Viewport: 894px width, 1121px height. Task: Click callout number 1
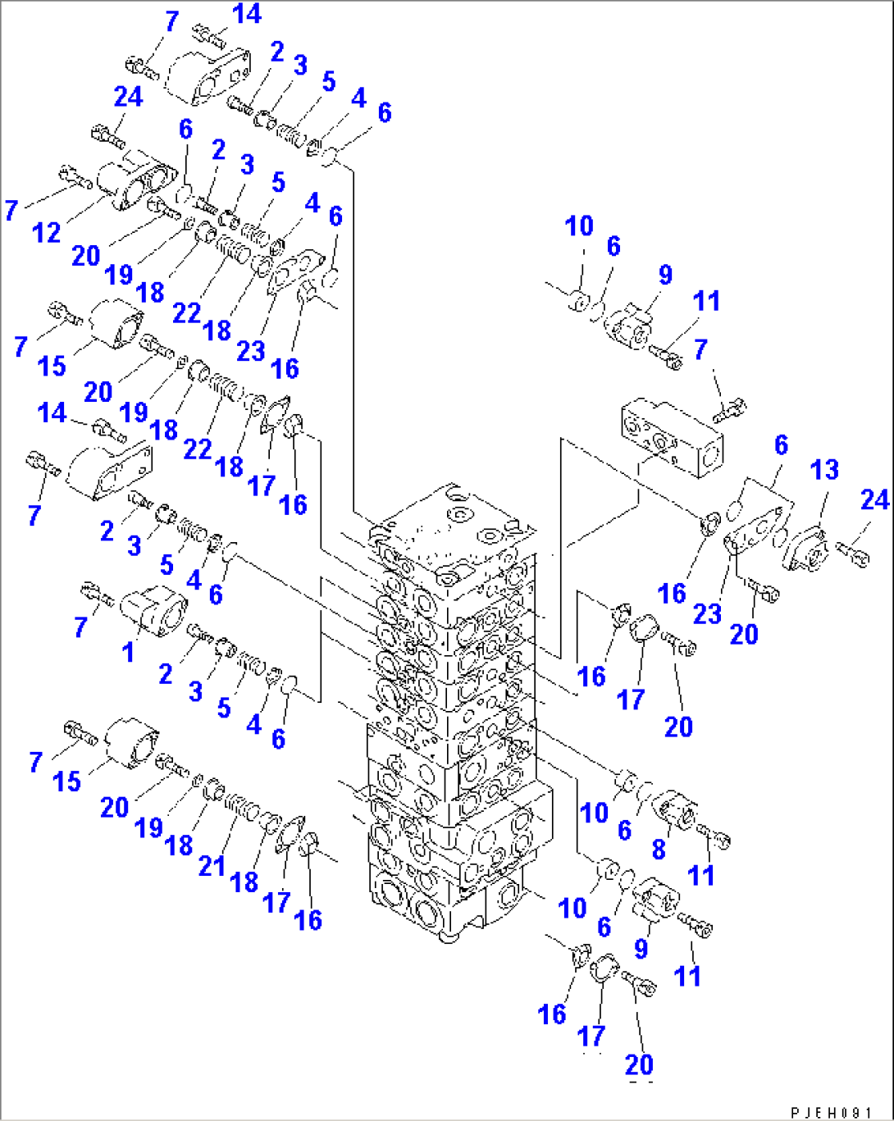[x=128, y=652]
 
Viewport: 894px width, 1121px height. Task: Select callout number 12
[x=47, y=232]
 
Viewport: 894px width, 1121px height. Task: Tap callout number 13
[x=824, y=469]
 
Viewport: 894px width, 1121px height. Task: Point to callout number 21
[x=212, y=865]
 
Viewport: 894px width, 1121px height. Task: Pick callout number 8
[x=659, y=849]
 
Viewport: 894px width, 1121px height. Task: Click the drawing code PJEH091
[x=831, y=1110]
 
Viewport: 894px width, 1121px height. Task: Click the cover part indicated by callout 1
[x=153, y=610]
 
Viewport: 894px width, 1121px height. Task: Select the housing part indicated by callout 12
[x=136, y=179]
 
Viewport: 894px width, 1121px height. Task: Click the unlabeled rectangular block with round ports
[x=672, y=438]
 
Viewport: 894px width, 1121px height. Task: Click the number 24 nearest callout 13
[x=874, y=499]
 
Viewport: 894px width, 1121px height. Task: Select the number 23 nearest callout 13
[x=707, y=613]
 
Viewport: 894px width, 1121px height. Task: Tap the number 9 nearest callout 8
[x=641, y=948]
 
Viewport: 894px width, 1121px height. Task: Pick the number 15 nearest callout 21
[x=66, y=782]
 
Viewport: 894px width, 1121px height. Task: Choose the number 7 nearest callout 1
[x=80, y=627]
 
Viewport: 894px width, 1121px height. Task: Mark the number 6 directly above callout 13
[x=781, y=444]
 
